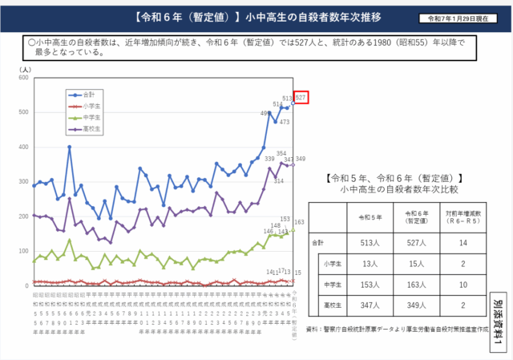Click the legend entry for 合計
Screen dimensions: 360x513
87,95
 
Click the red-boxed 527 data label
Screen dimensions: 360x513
301,98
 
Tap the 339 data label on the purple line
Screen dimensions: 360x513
269,160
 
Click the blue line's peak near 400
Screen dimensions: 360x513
70,148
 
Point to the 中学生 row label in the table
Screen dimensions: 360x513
329,283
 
